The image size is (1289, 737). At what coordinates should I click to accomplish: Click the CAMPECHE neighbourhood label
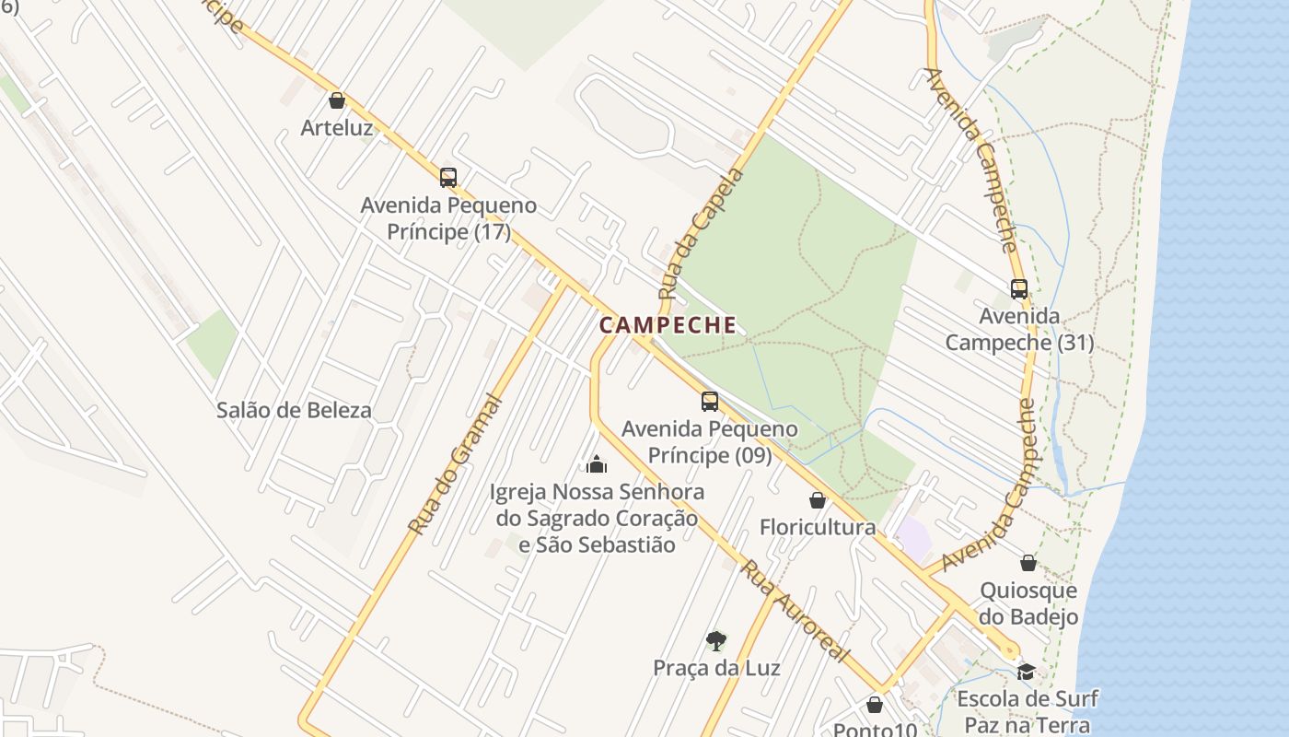pos(668,325)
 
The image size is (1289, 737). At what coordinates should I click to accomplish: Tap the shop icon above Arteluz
pos(337,100)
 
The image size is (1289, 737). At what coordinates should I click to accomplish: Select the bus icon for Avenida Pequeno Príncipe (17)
pos(448,178)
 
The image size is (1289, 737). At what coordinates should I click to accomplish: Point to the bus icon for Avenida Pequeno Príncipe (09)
pos(709,402)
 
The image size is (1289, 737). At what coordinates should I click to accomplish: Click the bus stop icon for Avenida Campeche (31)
pos(1018,289)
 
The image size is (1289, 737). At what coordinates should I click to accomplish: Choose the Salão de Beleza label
pos(294,411)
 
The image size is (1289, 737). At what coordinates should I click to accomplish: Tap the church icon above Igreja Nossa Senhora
pos(597,463)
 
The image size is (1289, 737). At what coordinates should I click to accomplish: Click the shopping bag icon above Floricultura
pos(817,500)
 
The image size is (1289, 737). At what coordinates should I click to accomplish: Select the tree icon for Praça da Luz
pos(715,641)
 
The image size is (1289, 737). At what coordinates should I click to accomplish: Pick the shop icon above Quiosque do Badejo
pos(1028,563)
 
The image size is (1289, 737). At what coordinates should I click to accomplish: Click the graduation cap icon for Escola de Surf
pos(1026,672)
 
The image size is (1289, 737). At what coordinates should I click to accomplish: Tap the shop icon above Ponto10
pos(875,705)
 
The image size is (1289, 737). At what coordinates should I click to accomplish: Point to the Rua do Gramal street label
pos(457,465)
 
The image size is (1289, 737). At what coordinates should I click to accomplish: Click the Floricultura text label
pos(817,528)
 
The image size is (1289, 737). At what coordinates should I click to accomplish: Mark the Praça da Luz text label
pos(716,668)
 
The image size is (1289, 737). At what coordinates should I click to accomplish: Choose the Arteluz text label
pos(337,128)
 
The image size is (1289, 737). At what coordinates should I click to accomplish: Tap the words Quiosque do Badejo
pos(1028,603)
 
